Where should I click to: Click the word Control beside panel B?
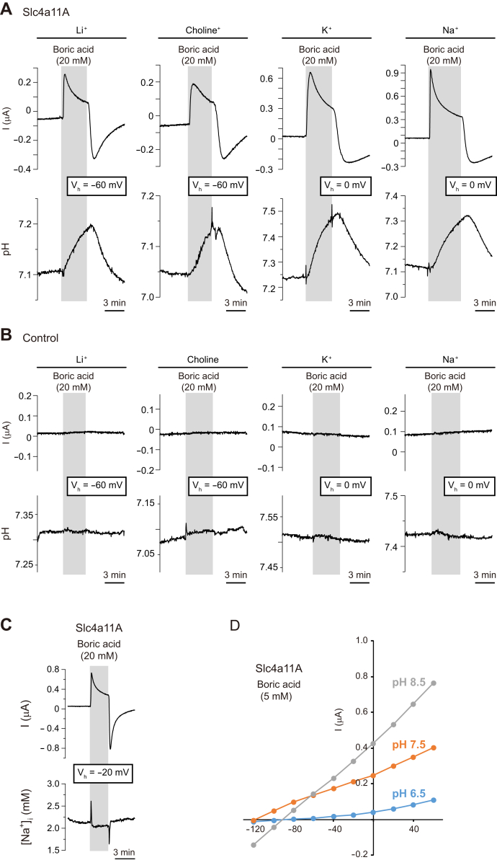pyautogui.click(x=40, y=337)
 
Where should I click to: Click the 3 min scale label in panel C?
pyautogui.click(x=125, y=849)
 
